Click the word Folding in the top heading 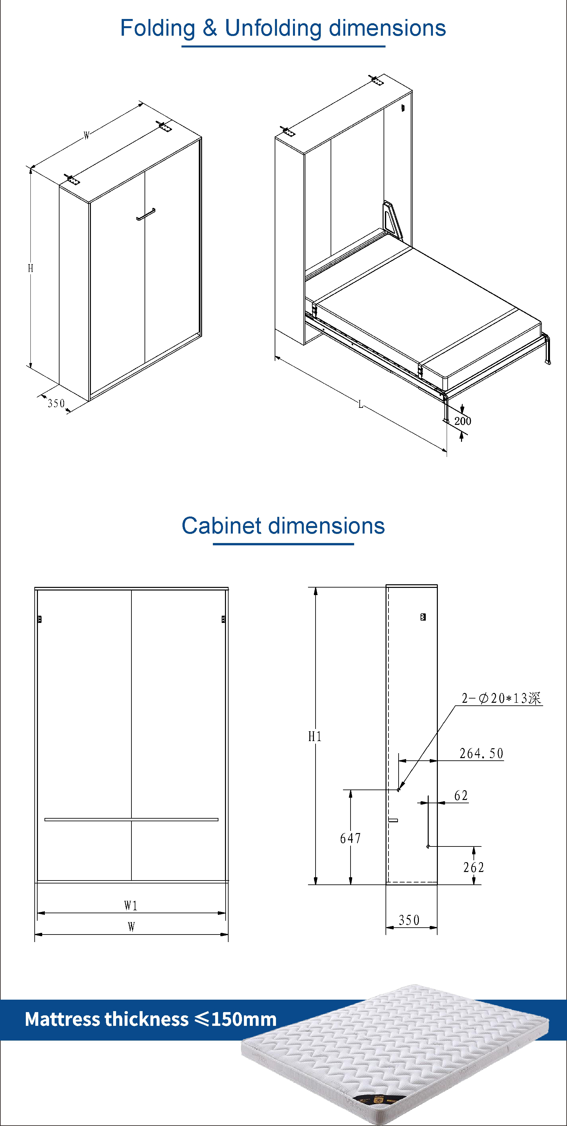[158, 28]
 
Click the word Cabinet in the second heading [221, 525]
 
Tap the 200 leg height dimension [463, 421]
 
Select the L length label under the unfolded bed [361, 404]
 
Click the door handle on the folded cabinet [146, 214]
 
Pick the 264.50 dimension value [481, 753]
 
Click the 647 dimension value [350, 838]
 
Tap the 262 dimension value [473, 867]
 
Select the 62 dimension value [461, 795]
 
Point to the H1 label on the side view [315, 736]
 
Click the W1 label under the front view [130, 905]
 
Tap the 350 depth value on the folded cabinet [56, 403]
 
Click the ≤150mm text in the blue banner [236, 1019]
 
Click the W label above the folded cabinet [87, 136]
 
